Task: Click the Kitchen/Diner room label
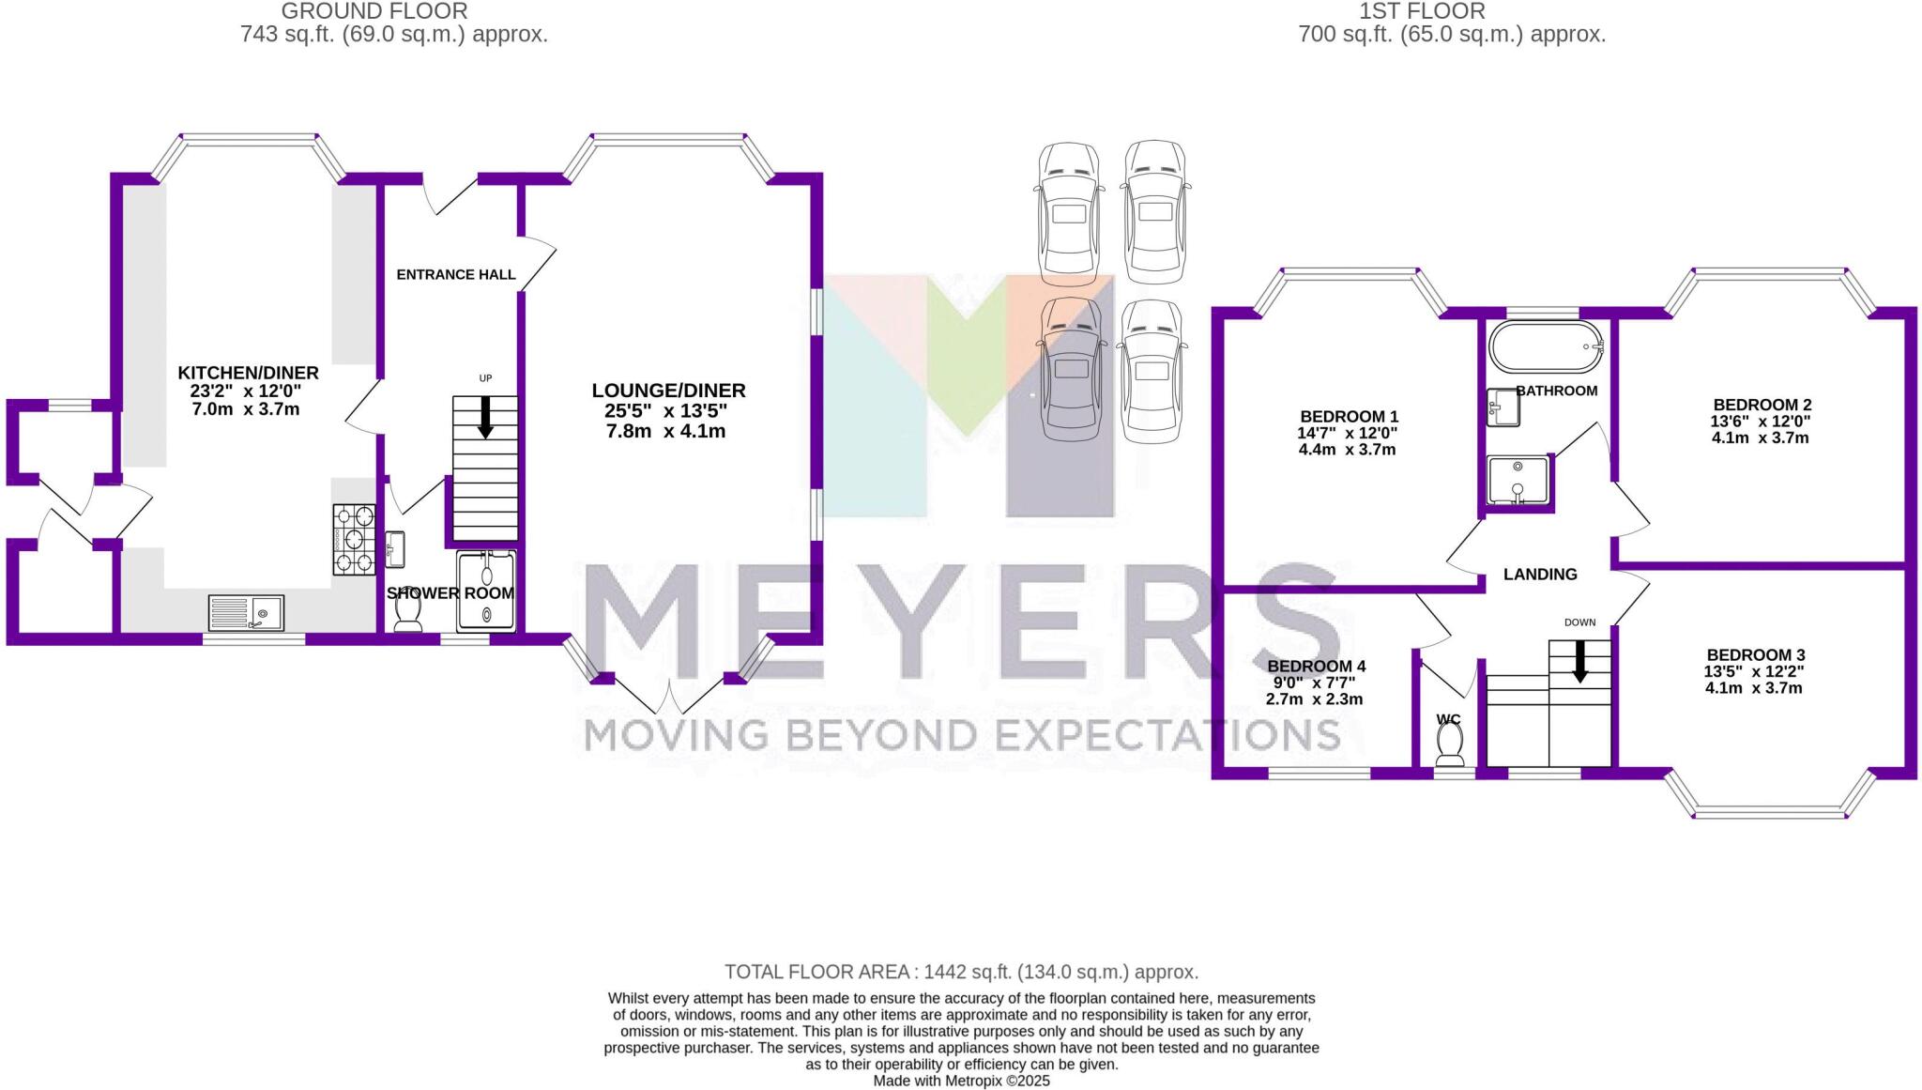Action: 248,373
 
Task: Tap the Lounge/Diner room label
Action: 668,391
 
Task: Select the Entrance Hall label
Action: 455,275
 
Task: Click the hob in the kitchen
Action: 354,539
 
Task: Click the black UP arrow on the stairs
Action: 485,418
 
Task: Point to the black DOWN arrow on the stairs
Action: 1580,661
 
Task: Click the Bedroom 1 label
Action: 1349,417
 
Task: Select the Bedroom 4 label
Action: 1316,667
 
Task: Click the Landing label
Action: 1540,575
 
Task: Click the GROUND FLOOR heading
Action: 374,11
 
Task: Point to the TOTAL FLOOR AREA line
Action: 961,972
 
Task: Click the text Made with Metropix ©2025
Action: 961,1081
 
